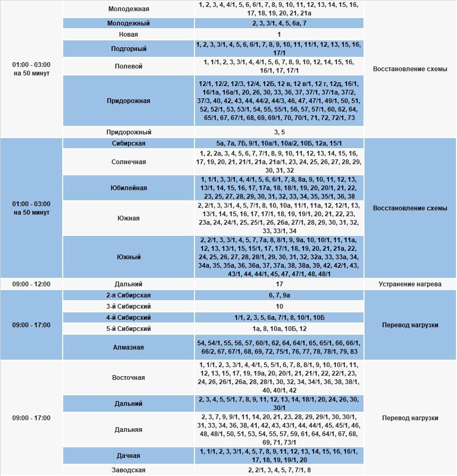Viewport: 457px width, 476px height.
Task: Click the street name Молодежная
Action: tap(129, 9)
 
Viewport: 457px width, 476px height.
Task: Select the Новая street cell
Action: tap(129, 35)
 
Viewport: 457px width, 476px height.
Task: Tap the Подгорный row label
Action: tap(129, 49)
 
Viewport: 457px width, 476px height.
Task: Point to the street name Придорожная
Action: tap(129, 101)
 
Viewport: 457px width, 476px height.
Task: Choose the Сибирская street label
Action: tap(129, 143)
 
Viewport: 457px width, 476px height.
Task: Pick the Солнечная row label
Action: tap(129, 162)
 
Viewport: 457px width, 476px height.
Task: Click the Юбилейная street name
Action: tap(129, 188)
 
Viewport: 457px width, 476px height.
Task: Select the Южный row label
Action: tap(129, 257)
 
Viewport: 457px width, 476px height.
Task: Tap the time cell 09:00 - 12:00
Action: tap(31, 284)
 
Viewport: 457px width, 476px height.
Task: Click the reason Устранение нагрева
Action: tap(410, 284)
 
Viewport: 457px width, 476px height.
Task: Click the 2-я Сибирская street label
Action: tap(129, 295)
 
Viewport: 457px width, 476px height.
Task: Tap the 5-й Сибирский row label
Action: tap(129, 329)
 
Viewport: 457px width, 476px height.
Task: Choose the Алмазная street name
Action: tap(129, 347)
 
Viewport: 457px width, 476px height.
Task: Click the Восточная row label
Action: tap(129, 378)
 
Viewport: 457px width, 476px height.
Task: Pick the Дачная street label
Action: tap(129, 456)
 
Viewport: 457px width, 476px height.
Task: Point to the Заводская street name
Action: tap(129, 470)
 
